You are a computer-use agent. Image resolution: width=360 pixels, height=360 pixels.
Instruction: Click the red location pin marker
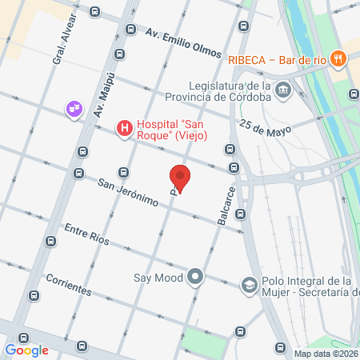[180, 178]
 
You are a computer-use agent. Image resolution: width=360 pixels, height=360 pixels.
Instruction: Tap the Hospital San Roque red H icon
[124, 128]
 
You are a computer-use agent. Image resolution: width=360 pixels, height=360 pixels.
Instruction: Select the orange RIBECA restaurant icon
[339, 58]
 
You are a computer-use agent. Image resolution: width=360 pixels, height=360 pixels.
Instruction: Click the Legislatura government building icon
[282, 91]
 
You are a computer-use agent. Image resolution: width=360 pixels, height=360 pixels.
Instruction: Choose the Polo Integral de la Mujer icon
[249, 286]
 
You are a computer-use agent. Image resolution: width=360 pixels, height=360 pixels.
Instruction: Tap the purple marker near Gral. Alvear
[74, 107]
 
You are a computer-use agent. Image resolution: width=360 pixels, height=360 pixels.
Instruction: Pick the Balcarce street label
[226, 206]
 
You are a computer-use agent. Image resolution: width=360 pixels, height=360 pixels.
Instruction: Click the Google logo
[26, 350]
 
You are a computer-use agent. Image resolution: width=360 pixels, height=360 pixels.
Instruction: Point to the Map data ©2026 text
[326, 354]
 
